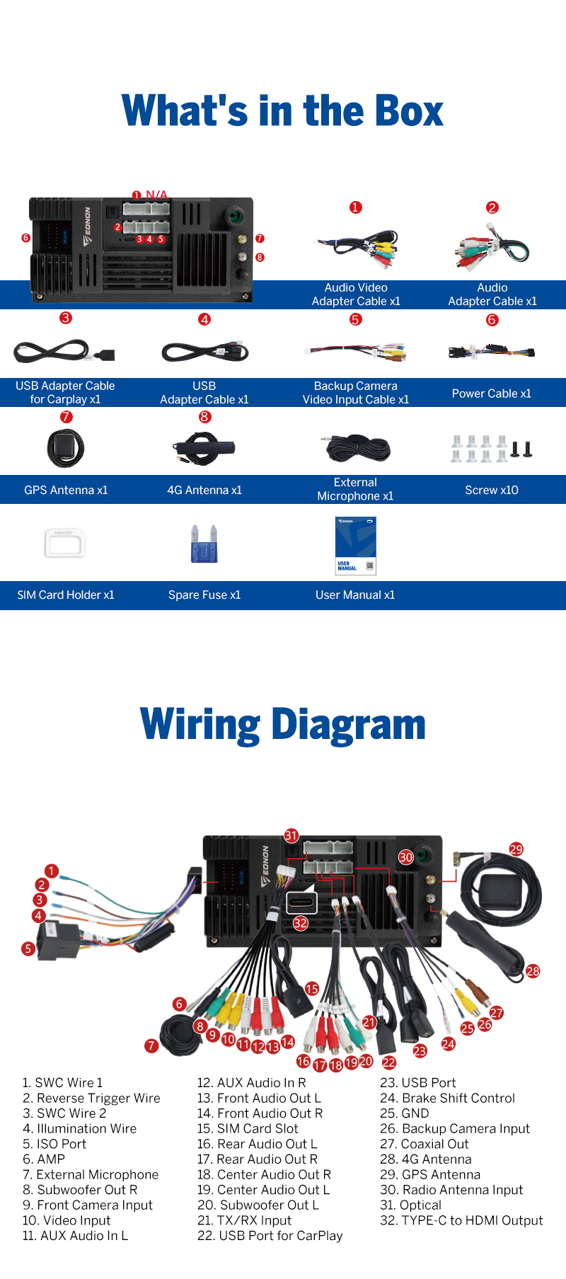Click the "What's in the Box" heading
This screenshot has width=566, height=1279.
283,111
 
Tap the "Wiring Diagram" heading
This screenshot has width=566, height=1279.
283,725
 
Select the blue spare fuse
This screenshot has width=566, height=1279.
204,544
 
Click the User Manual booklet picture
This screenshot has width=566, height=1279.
355,545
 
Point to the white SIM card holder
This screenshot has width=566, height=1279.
64,544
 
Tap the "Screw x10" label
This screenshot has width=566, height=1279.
492,490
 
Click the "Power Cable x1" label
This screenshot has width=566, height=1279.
492,394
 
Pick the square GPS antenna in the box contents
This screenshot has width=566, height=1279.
66,448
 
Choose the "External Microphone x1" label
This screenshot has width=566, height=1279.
355,489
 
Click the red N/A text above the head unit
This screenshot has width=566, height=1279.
156,195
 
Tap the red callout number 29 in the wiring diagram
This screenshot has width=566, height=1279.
516,849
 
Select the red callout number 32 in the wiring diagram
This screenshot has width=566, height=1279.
301,923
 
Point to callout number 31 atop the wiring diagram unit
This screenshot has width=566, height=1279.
291,836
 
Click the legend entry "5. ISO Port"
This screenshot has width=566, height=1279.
54,1144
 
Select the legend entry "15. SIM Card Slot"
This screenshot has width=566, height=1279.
248,1128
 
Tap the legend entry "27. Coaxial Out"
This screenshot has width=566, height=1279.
424,1144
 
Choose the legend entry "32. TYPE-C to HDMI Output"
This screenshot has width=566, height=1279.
461,1220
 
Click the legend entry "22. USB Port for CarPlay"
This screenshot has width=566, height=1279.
270,1236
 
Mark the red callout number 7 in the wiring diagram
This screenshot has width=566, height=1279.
151,1045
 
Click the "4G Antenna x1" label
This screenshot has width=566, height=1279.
204,490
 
